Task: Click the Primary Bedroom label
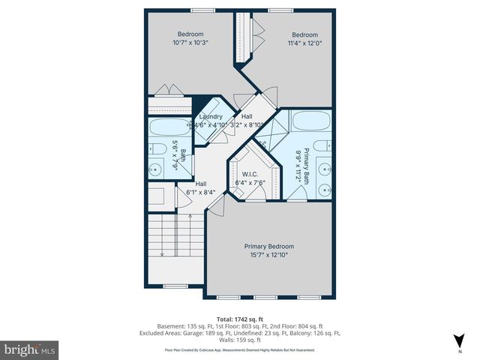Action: (x=268, y=247)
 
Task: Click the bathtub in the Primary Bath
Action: (x=310, y=121)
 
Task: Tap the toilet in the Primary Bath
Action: (x=320, y=145)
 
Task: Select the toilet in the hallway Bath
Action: (x=154, y=147)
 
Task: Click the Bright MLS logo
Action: (x=31, y=349)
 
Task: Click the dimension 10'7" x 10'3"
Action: (x=190, y=43)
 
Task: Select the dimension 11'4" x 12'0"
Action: (x=304, y=44)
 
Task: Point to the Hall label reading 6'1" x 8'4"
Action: (x=201, y=188)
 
